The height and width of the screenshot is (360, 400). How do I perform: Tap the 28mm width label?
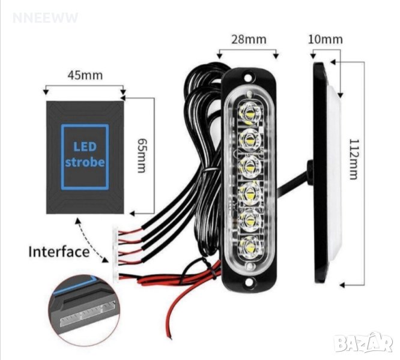[250, 40]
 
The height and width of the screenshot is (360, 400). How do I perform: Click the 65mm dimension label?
[142, 155]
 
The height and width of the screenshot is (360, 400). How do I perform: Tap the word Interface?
[59, 251]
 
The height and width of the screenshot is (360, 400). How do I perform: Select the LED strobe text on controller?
[85, 154]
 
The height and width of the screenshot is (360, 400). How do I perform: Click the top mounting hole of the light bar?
[248, 78]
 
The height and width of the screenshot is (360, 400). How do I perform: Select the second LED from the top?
[248, 138]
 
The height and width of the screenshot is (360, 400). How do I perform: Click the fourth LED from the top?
[248, 193]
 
